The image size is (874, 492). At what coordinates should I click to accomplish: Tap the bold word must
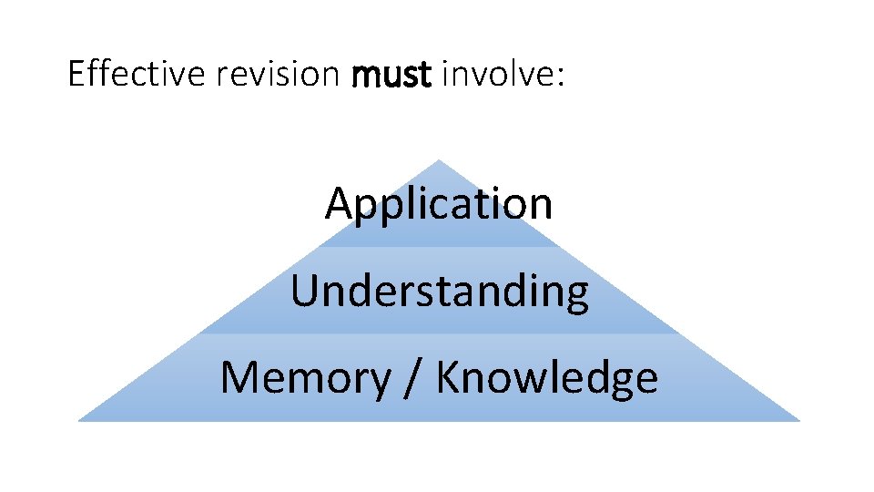(x=391, y=75)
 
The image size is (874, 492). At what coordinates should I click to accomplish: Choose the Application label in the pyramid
(x=439, y=203)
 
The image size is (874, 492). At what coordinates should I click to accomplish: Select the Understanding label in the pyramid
(x=439, y=292)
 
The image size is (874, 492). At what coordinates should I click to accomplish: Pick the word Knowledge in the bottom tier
(x=546, y=377)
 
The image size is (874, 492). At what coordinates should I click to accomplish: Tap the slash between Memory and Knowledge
(x=412, y=377)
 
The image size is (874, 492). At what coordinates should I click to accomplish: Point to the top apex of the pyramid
(x=439, y=161)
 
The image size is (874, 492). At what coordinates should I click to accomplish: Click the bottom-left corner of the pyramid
(x=79, y=420)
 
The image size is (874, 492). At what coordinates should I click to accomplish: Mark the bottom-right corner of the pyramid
(x=798, y=420)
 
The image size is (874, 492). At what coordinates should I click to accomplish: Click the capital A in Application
(x=340, y=203)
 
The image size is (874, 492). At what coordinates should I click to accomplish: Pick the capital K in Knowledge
(x=449, y=377)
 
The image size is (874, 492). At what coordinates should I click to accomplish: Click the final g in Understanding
(x=575, y=296)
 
